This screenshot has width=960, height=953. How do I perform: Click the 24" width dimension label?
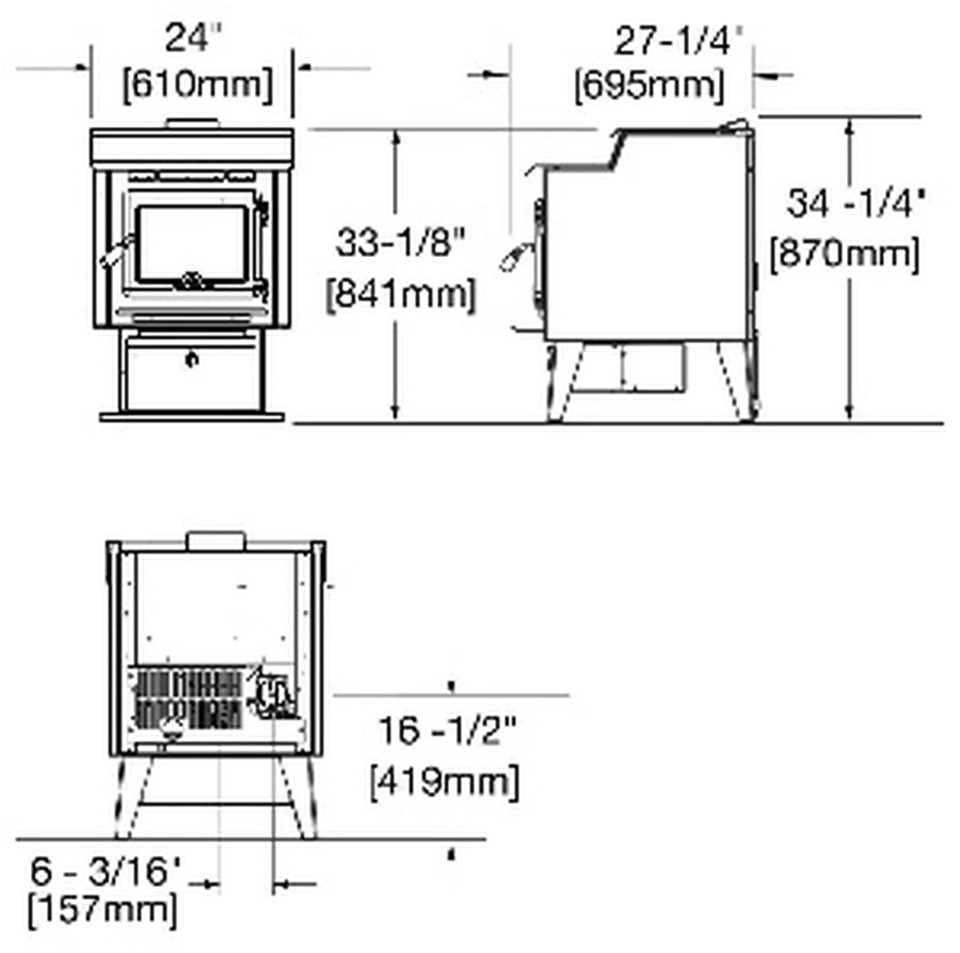click(x=193, y=38)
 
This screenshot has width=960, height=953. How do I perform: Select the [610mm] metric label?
click(x=198, y=85)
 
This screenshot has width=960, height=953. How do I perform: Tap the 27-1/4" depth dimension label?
click(x=679, y=42)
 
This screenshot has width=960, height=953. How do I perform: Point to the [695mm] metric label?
click(x=649, y=85)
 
